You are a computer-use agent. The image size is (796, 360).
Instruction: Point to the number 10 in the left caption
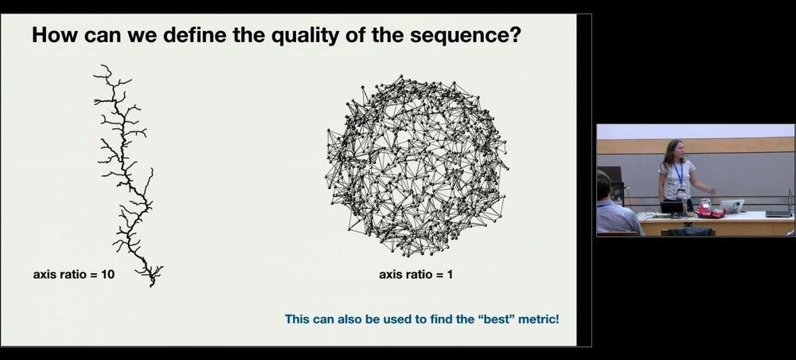[x=108, y=275]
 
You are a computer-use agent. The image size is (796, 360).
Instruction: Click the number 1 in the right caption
[x=449, y=275]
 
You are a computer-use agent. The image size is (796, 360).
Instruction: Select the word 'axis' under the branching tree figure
[x=44, y=275]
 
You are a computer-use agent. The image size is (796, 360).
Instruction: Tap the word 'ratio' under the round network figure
[x=415, y=275]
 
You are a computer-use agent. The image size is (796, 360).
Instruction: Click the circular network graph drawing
[x=416, y=166]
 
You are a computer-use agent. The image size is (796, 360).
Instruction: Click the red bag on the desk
[x=710, y=209]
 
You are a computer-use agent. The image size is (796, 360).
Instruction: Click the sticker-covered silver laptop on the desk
[x=732, y=205]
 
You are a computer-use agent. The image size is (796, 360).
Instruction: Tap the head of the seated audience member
[x=603, y=186]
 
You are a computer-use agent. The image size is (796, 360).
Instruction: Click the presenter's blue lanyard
[x=679, y=175]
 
